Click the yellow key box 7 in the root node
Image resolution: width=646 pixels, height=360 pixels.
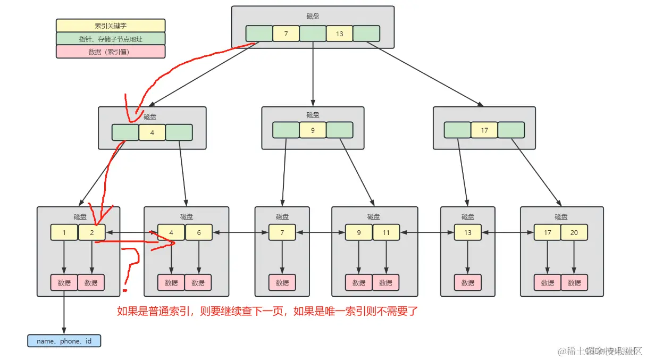coord(286,34)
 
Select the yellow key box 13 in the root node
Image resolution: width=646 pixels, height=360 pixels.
coord(340,34)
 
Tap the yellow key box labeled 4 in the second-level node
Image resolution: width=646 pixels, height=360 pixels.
coord(152,132)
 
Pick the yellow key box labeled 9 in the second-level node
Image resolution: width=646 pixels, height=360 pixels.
coord(313,130)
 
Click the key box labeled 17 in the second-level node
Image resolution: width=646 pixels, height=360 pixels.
coord(484,130)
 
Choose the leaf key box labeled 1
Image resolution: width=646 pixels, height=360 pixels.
coord(64,232)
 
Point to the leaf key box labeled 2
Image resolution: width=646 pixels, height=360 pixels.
coord(91,232)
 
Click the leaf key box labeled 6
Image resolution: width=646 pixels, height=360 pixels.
coord(199,232)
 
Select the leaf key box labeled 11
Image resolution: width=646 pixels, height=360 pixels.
coord(386,232)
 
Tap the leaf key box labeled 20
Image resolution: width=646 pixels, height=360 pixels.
coord(574,232)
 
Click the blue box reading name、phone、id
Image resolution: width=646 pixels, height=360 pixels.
coord(64,341)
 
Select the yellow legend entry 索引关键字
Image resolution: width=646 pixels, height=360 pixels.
coord(111,26)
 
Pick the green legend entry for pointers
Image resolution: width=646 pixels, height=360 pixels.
coord(111,38)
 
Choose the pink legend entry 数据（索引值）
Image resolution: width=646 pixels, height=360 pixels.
coord(111,52)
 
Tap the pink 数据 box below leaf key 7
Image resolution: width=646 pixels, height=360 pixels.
coord(282,282)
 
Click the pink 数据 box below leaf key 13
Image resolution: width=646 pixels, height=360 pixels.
coord(467,282)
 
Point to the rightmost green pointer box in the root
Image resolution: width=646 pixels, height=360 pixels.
coord(366,34)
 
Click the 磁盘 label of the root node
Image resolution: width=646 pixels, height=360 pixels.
coord(313,16)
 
